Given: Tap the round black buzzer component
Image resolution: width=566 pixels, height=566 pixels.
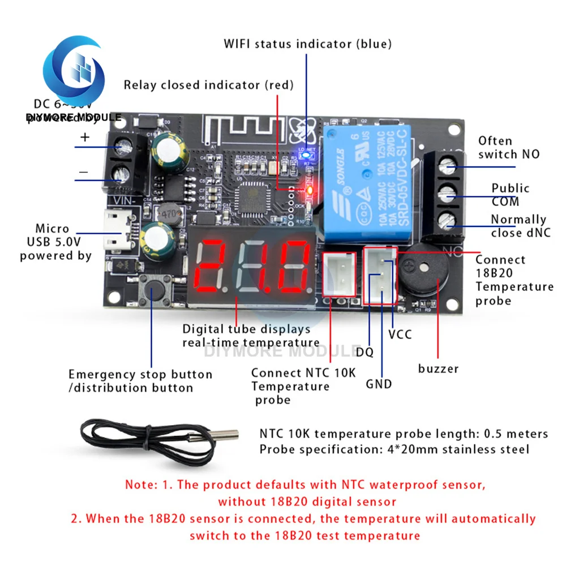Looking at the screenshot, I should pos(424,275).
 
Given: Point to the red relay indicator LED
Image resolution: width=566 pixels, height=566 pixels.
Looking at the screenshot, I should pos(309,190).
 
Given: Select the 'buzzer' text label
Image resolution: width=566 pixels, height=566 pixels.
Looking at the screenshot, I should pos(438,369).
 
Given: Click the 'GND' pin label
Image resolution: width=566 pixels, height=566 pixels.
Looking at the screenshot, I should pos(379,384).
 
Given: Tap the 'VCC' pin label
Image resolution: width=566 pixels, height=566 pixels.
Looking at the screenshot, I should pos(400,335).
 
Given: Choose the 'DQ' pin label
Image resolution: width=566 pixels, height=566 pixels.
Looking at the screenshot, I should pos(365,352).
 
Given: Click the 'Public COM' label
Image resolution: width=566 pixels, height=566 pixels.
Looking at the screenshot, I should pos(509,195).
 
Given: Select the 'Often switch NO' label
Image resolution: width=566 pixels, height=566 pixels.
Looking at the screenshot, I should pos(508,147).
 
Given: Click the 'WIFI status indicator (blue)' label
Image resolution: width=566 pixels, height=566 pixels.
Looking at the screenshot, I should pos(308,44).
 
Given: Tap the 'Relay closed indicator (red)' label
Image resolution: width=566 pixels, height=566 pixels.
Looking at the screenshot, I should pos(209,85).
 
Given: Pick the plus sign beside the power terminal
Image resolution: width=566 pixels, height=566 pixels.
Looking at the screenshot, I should pos(85,137).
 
